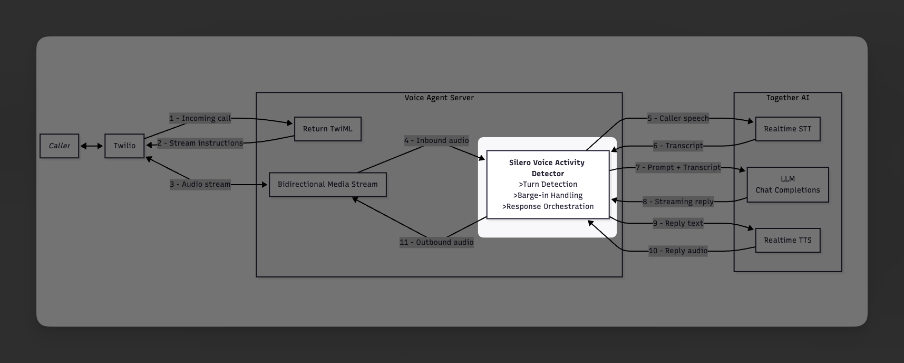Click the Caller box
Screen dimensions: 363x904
tap(59, 146)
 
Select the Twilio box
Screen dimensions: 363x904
tap(124, 146)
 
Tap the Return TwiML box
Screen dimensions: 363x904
tap(327, 129)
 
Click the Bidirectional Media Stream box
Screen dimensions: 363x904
tap(327, 185)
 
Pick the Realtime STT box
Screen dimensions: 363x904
tap(788, 129)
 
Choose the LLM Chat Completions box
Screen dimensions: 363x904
tap(788, 185)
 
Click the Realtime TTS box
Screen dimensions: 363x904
tap(788, 241)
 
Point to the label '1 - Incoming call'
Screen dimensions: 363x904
tap(200, 118)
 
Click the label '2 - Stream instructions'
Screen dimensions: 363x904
tap(200, 143)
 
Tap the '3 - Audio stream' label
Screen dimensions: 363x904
tap(200, 184)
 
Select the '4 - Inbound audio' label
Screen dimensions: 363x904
tap(436, 140)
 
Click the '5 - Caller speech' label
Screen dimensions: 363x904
tap(678, 118)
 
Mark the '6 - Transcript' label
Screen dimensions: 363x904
tap(678, 146)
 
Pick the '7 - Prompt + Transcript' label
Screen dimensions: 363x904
tap(678, 167)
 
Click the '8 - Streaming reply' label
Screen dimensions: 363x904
tap(678, 202)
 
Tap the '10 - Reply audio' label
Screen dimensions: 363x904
tap(678, 251)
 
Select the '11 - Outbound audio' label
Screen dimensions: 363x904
tap(436, 242)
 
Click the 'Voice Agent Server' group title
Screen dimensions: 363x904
tap(439, 98)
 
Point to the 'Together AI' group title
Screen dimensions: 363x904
tap(788, 98)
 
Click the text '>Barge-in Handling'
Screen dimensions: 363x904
tap(548, 195)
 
